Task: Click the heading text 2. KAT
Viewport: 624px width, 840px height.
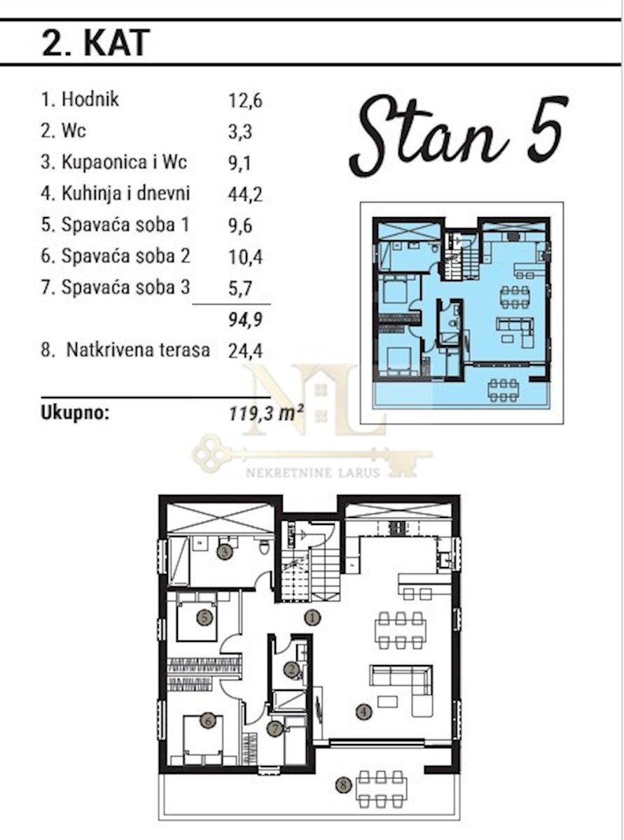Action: [96, 43]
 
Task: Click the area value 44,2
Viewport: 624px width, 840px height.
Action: [245, 195]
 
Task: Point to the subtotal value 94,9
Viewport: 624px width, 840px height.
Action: [246, 320]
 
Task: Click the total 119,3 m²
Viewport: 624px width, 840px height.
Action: [266, 413]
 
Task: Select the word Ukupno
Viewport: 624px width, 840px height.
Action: [75, 413]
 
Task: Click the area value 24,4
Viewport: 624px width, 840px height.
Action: [245, 351]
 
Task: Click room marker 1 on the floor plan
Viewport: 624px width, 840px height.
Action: [312, 618]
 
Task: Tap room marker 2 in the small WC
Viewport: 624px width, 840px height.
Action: [292, 670]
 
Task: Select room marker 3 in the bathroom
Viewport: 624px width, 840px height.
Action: [225, 552]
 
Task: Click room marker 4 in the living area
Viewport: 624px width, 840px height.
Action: [364, 712]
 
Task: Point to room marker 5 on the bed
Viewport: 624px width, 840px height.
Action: [204, 618]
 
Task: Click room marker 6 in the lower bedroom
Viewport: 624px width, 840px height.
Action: [207, 721]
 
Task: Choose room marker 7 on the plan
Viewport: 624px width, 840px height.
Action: [275, 729]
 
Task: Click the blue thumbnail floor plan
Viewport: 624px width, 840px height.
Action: [462, 313]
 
